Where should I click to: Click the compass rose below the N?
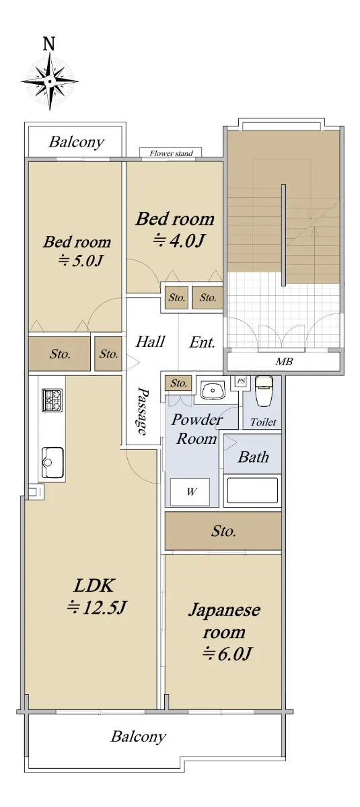(x=50, y=81)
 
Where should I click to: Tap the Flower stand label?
(x=171, y=153)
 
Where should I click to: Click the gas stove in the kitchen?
(x=52, y=400)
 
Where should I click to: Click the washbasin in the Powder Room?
(x=213, y=390)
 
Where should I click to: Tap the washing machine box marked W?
(x=190, y=492)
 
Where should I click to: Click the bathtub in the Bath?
(x=252, y=490)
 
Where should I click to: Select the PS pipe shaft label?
(x=241, y=381)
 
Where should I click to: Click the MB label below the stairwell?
(x=284, y=361)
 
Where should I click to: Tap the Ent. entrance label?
(x=202, y=342)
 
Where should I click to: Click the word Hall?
(x=150, y=342)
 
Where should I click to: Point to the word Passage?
(x=143, y=412)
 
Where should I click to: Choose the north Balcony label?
(x=77, y=143)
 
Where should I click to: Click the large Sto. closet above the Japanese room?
(x=223, y=531)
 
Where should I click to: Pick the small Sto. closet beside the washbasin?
(x=179, y=383)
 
